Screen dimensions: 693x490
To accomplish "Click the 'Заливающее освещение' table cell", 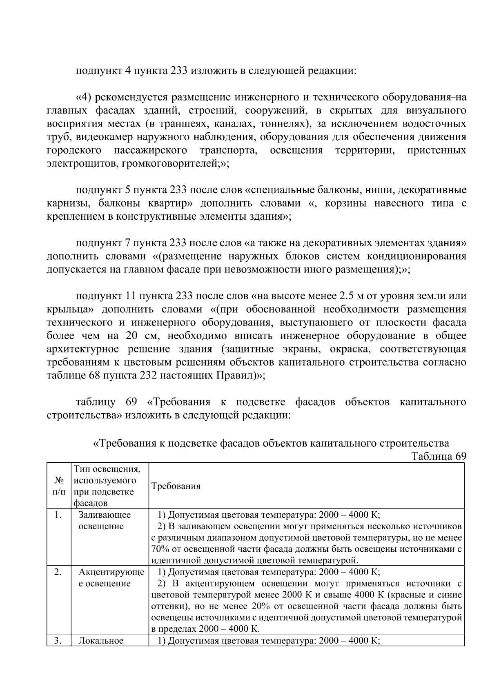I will (x=104, y=521).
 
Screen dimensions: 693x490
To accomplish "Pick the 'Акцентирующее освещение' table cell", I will (x=111, y=577).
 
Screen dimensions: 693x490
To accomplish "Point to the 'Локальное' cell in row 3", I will (x=101, y=641).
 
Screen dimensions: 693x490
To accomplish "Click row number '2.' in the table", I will (x=58, y=572).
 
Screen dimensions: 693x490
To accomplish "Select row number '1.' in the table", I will (x=58, y=515).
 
